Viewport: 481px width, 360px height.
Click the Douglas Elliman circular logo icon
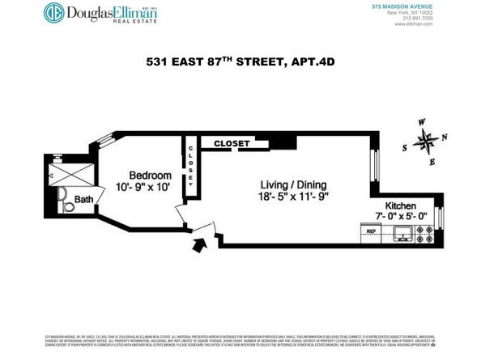pyautogui.click(x=55, y=14)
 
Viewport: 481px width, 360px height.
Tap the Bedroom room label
pyautogui.click(x=151, y=176)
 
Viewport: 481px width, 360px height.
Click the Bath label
pyautogui.click(x=83, y=199)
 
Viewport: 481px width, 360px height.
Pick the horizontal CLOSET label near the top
pyautogui.click(x=232, y=143)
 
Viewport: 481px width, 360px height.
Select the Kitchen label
pyautogui.click(x=401, y=206)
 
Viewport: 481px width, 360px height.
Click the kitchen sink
pyautogui.click(x=400, y=235)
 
